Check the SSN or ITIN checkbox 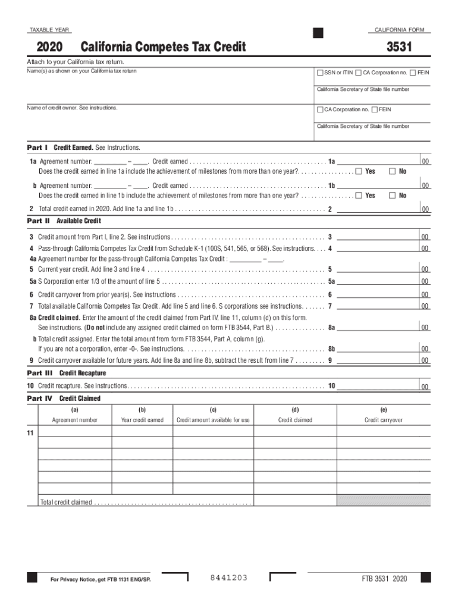(320, 73)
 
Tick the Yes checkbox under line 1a (359, 171)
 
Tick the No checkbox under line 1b (392, 195)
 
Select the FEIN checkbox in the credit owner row (374, 109)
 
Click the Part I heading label (37, 147)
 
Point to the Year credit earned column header (142, 420)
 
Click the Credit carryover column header (383, 420)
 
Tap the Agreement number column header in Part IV (75, 420)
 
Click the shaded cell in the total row (383, 500)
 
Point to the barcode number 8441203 (229, 578)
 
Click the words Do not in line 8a (97, 327)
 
